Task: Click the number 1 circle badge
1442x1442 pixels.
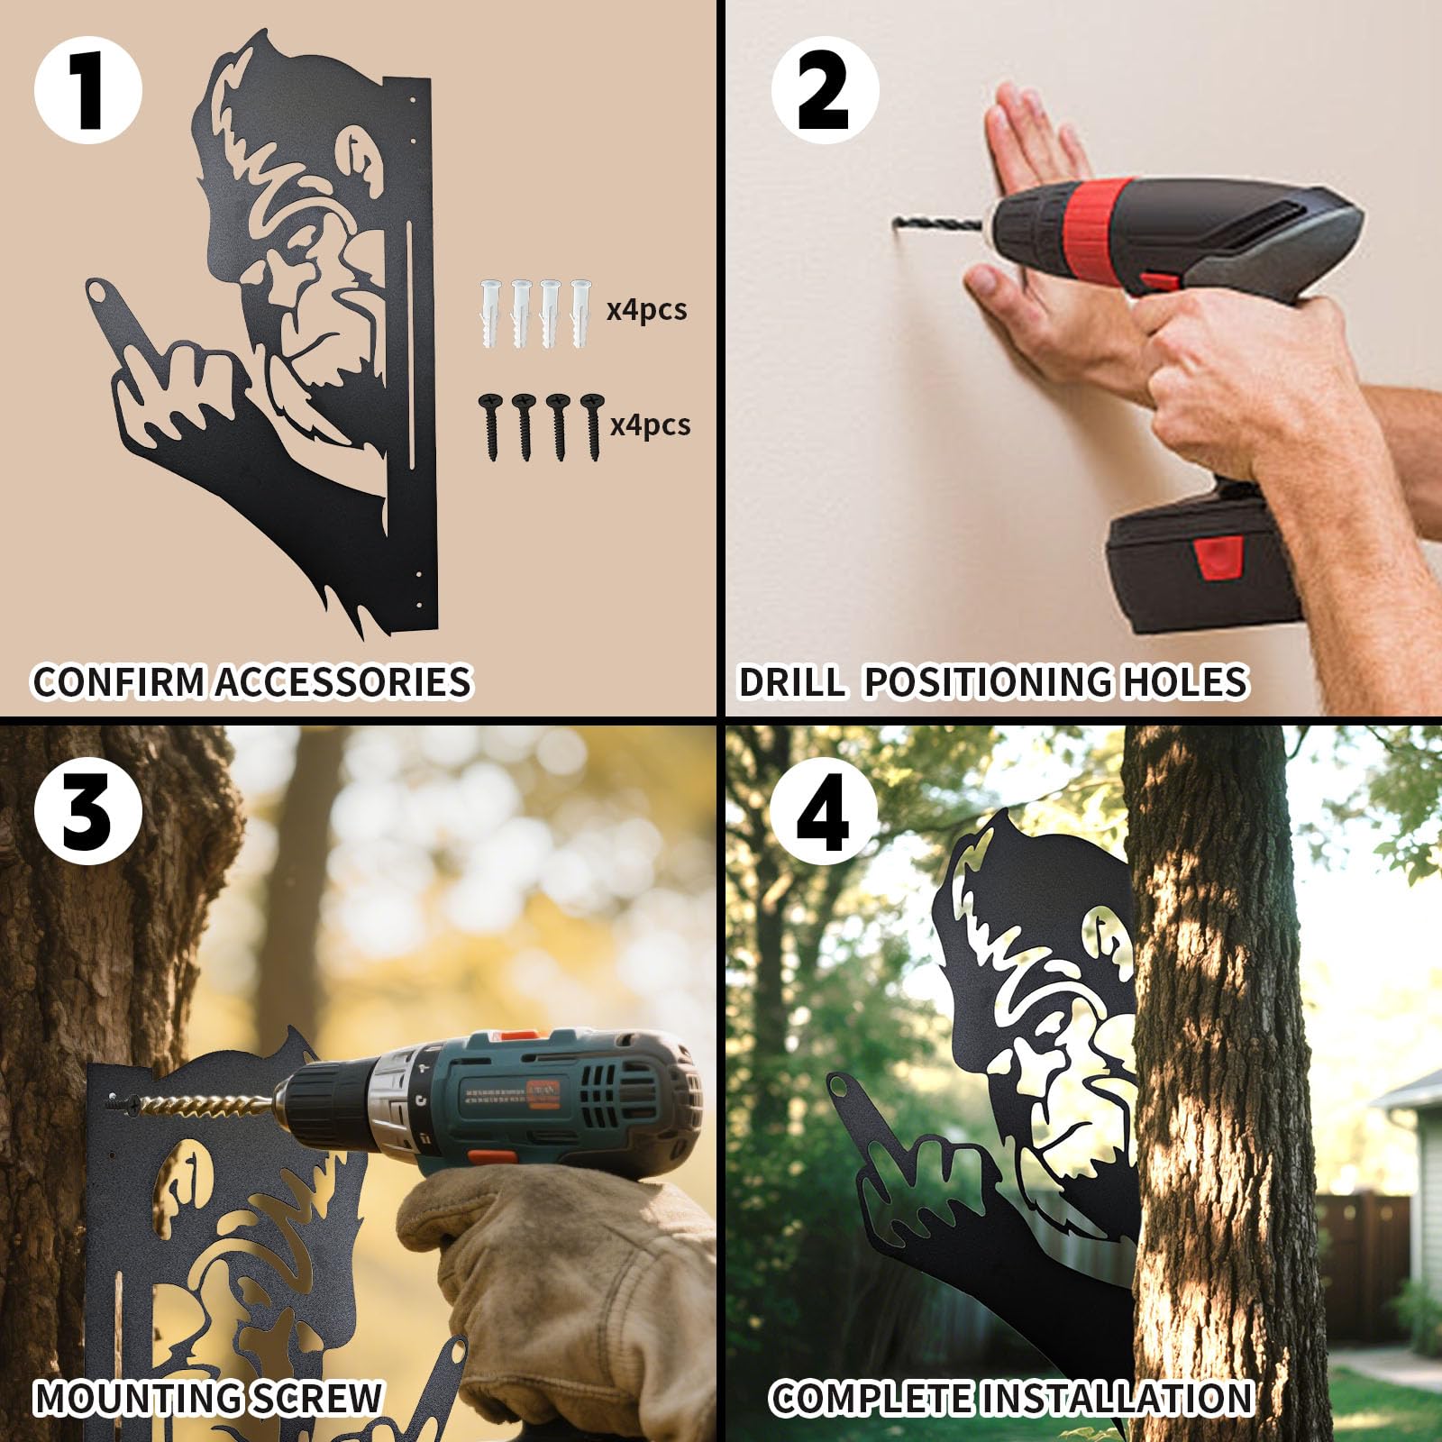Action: [x=87, y=90]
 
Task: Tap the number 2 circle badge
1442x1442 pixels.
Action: [x=824, y=90]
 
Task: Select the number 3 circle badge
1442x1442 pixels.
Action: [x=87, y=810]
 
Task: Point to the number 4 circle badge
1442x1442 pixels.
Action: [x=824, y=810]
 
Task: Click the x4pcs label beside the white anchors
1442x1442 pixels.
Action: [x=646, y=310]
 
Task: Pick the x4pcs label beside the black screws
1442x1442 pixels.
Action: [x=650, y=424]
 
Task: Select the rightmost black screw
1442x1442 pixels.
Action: [x=591, y=425]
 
